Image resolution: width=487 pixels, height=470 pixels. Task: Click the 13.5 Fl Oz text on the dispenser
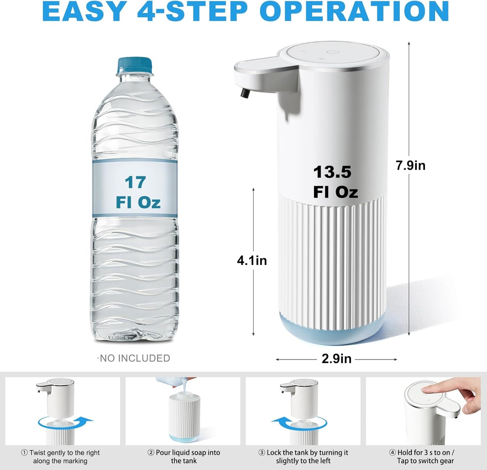[335, 182]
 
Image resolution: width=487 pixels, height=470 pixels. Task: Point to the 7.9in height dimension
[410, 165]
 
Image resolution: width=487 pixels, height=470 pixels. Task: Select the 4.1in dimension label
[252, 260]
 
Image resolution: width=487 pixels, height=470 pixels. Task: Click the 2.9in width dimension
[336, 359]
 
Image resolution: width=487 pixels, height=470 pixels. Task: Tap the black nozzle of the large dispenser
[244, 93]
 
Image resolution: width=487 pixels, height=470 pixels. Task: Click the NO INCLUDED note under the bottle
[134, 358]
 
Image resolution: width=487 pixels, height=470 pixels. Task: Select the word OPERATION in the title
[354, 12]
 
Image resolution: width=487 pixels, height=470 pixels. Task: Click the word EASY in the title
[84, 12]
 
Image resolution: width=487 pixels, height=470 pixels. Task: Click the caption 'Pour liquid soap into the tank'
[184, 457]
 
